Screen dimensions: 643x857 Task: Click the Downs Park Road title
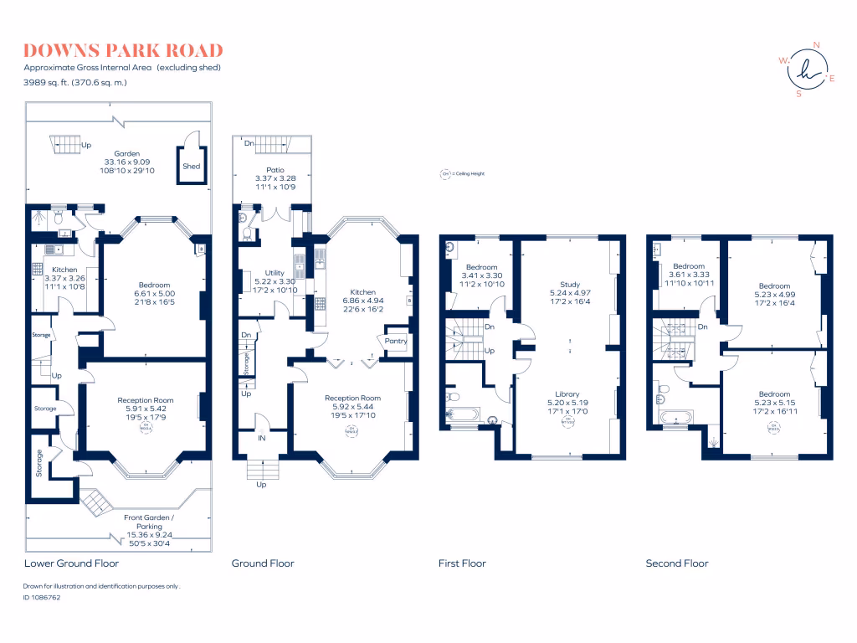click(x=123, y=50)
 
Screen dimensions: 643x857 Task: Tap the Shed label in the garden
click(x=192, y=167)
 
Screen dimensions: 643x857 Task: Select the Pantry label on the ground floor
click(x=395, y=341)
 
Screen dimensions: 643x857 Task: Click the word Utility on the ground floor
click(x=274, y=273)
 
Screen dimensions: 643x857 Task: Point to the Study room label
click(x=570, y=284)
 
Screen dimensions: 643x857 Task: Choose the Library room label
click(x=567, y=394)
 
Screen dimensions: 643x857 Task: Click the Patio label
click(x=275, y=170)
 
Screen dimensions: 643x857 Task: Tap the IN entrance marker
click(x=262, y=438)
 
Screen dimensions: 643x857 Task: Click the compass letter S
click(x=798, y=94)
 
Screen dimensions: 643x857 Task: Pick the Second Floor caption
click(x=676, y=563)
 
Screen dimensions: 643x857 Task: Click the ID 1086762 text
click(x=42, y=598)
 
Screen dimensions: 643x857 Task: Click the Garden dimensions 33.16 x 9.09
click(x=127, y=162)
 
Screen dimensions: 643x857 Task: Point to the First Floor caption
click(x=462, y=563)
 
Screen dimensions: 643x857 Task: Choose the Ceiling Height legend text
click(x=463, y=175)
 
